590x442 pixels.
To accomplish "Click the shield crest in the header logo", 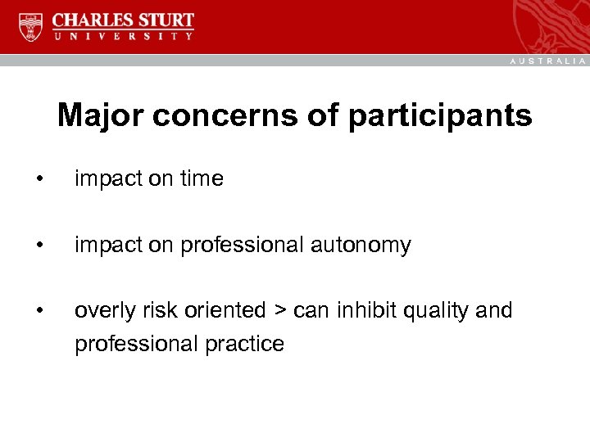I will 31,28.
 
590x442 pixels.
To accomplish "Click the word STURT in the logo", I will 165,20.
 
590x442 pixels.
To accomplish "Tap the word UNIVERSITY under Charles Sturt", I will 123,36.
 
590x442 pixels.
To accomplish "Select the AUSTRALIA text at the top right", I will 548,61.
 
